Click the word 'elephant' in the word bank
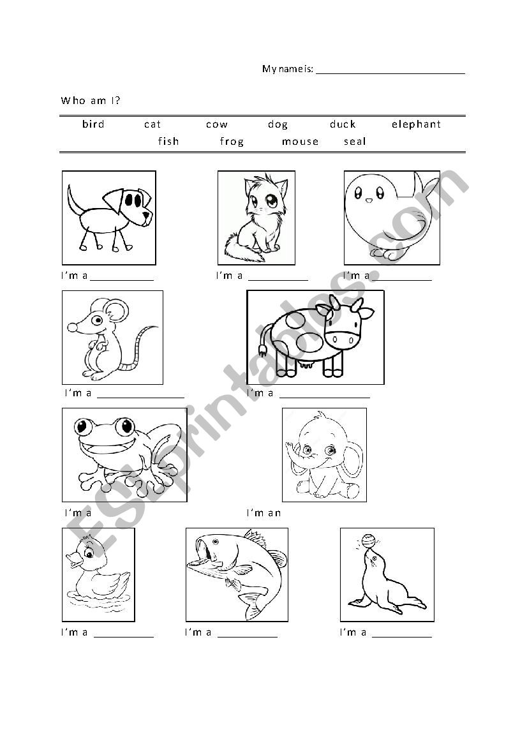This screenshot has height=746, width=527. tap(416, 124)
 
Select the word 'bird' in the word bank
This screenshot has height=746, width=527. tap(93, 124)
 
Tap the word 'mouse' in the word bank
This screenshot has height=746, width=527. tap(300, 142)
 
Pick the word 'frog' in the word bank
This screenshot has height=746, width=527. tap(232, 142)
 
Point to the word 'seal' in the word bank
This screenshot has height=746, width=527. tap(355, 142)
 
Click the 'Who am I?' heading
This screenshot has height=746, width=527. tap(91, 100)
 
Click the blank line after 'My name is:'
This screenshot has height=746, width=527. tap(390, 70)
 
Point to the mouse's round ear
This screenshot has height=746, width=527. tap(116, 312)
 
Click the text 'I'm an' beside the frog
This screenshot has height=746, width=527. tap(263, 513)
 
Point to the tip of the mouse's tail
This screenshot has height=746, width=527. tap(156, 327)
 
